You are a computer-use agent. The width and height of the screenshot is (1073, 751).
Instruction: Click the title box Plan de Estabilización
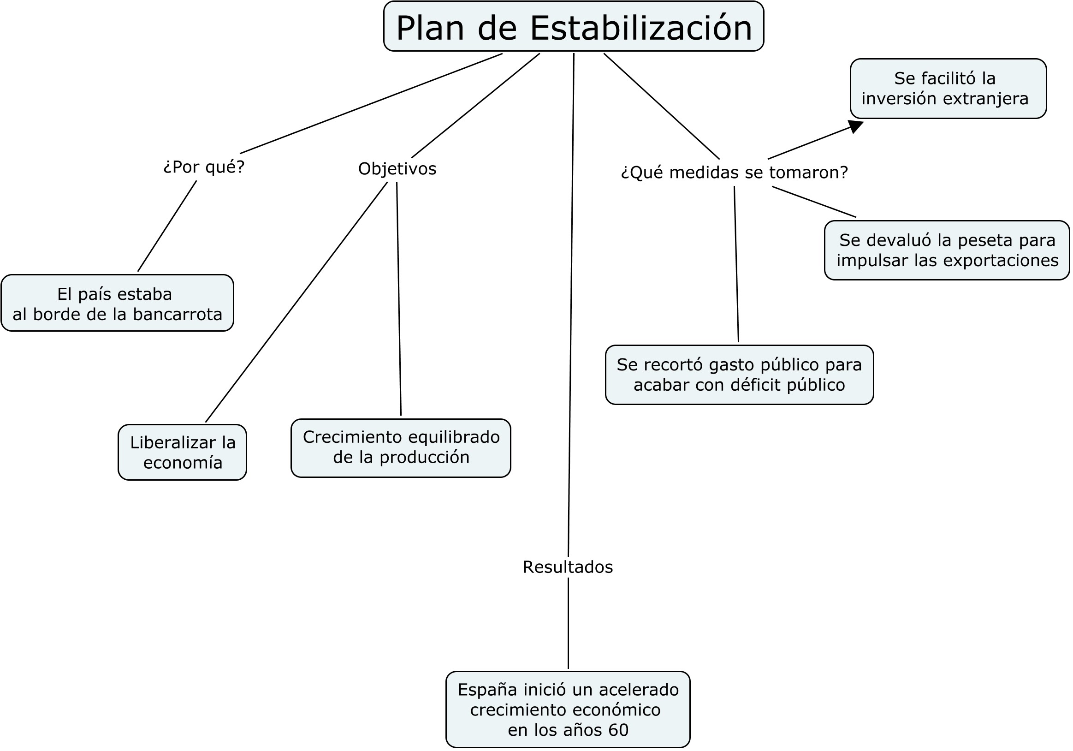[x=574, y=26]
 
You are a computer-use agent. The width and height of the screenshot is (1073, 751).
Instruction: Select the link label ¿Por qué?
[x=204, y=167]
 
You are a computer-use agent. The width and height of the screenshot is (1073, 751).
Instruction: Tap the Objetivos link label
[x=397, y=169]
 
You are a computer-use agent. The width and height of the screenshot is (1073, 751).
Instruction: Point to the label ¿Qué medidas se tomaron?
[x=734, y=173]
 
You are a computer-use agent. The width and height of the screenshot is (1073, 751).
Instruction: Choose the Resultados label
[x=568, y=567]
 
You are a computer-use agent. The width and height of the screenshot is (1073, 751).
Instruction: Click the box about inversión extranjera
[x=948, y=89]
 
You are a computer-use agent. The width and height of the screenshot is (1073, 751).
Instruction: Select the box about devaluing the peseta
[x=947, y=250]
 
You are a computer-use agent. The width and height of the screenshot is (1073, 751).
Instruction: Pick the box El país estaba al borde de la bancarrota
[x=117, y=303]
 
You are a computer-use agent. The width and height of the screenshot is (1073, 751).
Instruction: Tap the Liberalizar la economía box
[x=182, y=452]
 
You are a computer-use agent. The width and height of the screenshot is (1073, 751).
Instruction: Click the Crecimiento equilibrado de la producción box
[x=401, y=448]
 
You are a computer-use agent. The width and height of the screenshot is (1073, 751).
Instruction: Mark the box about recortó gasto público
[x=739, y=375]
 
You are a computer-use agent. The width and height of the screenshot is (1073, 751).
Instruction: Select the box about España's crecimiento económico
[x=568, y=709]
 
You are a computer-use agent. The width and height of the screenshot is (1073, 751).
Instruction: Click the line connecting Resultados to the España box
[x=568, y=623]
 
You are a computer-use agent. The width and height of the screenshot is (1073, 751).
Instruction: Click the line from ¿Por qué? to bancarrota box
[x=167, y=226]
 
